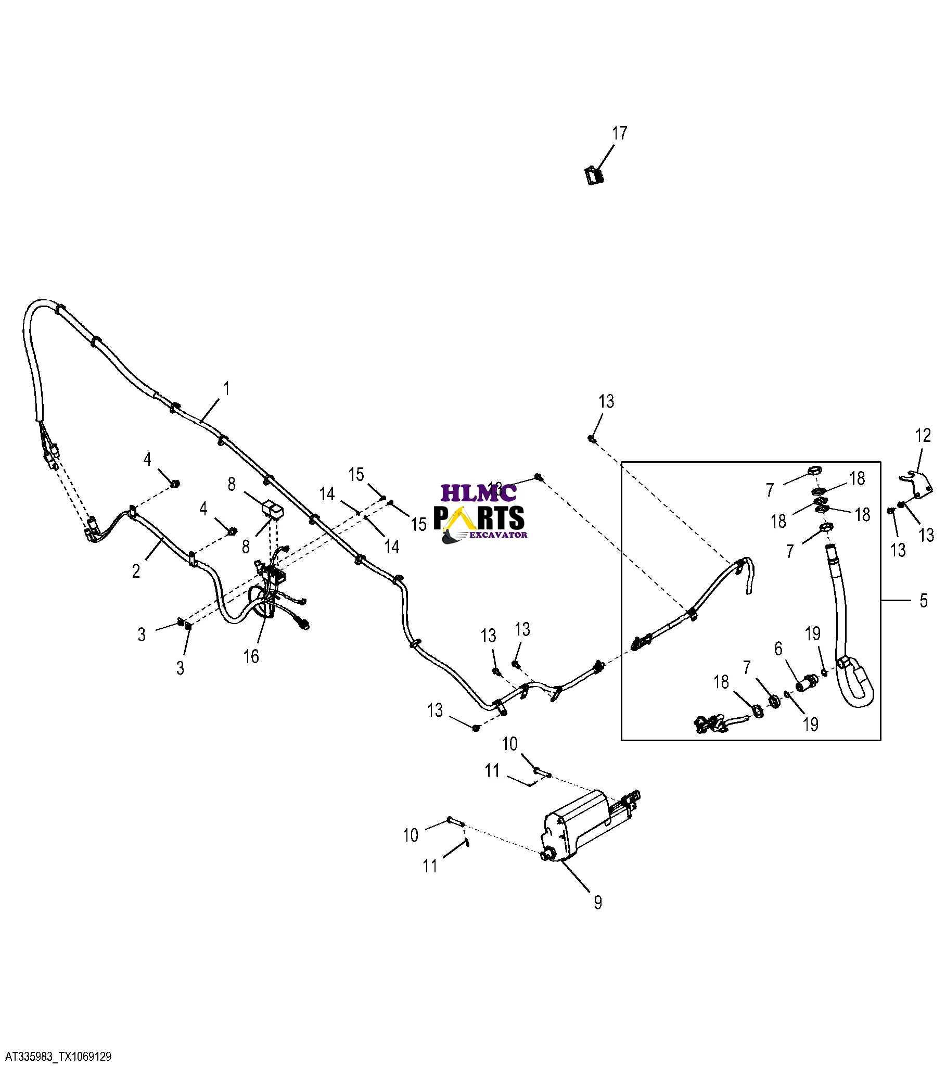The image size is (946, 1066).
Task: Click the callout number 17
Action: pos(619,134)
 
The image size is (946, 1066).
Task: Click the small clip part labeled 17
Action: pos(594,175)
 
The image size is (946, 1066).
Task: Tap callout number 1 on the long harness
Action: pos(226,388)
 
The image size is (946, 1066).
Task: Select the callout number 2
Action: pos(136,572)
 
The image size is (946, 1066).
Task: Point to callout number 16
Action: pos(251,656)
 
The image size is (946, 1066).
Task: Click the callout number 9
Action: pos(598,902)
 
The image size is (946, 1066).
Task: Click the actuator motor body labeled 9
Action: pos(579,823)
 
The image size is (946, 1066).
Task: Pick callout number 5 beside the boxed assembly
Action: pos(923,600)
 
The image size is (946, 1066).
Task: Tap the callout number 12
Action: pos(923,436)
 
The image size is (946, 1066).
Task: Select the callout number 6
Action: pos(778,648)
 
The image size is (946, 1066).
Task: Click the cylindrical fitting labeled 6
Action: pos(808,682)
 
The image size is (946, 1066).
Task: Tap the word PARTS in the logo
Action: pos(479,518)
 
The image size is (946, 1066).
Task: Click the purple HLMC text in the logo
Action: pos(478,492)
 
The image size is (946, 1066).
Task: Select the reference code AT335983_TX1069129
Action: pos(58,1057)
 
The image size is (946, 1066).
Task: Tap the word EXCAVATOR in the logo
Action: pos(498,535)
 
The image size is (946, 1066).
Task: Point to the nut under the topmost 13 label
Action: pos(592,439)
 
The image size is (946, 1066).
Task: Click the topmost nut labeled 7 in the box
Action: pos(815,471)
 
